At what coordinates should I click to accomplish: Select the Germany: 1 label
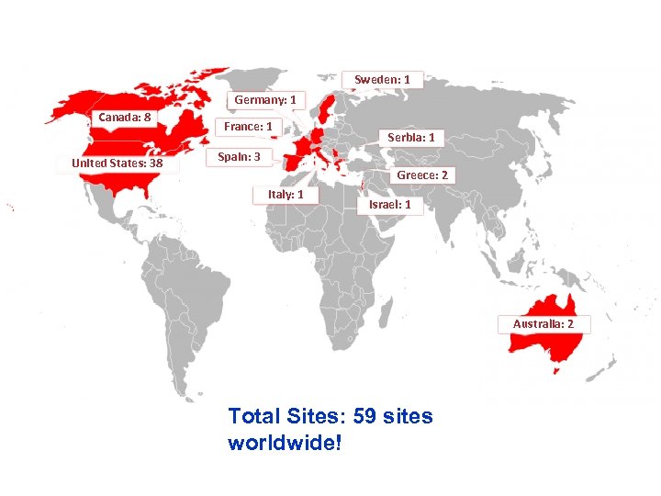pos(264,99)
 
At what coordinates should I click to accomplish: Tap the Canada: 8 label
pos(125,117)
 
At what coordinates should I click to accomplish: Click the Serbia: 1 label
pos(416,138)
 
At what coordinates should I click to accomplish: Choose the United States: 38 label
pos(117,164)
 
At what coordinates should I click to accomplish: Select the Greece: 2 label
pos(422,175)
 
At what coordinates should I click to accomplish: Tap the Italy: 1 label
pos(291,195)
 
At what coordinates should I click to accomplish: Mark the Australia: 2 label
pos(543,324)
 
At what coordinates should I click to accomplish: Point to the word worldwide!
pos(285,443)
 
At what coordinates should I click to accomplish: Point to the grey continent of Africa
pos(330,248)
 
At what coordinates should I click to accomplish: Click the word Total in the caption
pos(257,416)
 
